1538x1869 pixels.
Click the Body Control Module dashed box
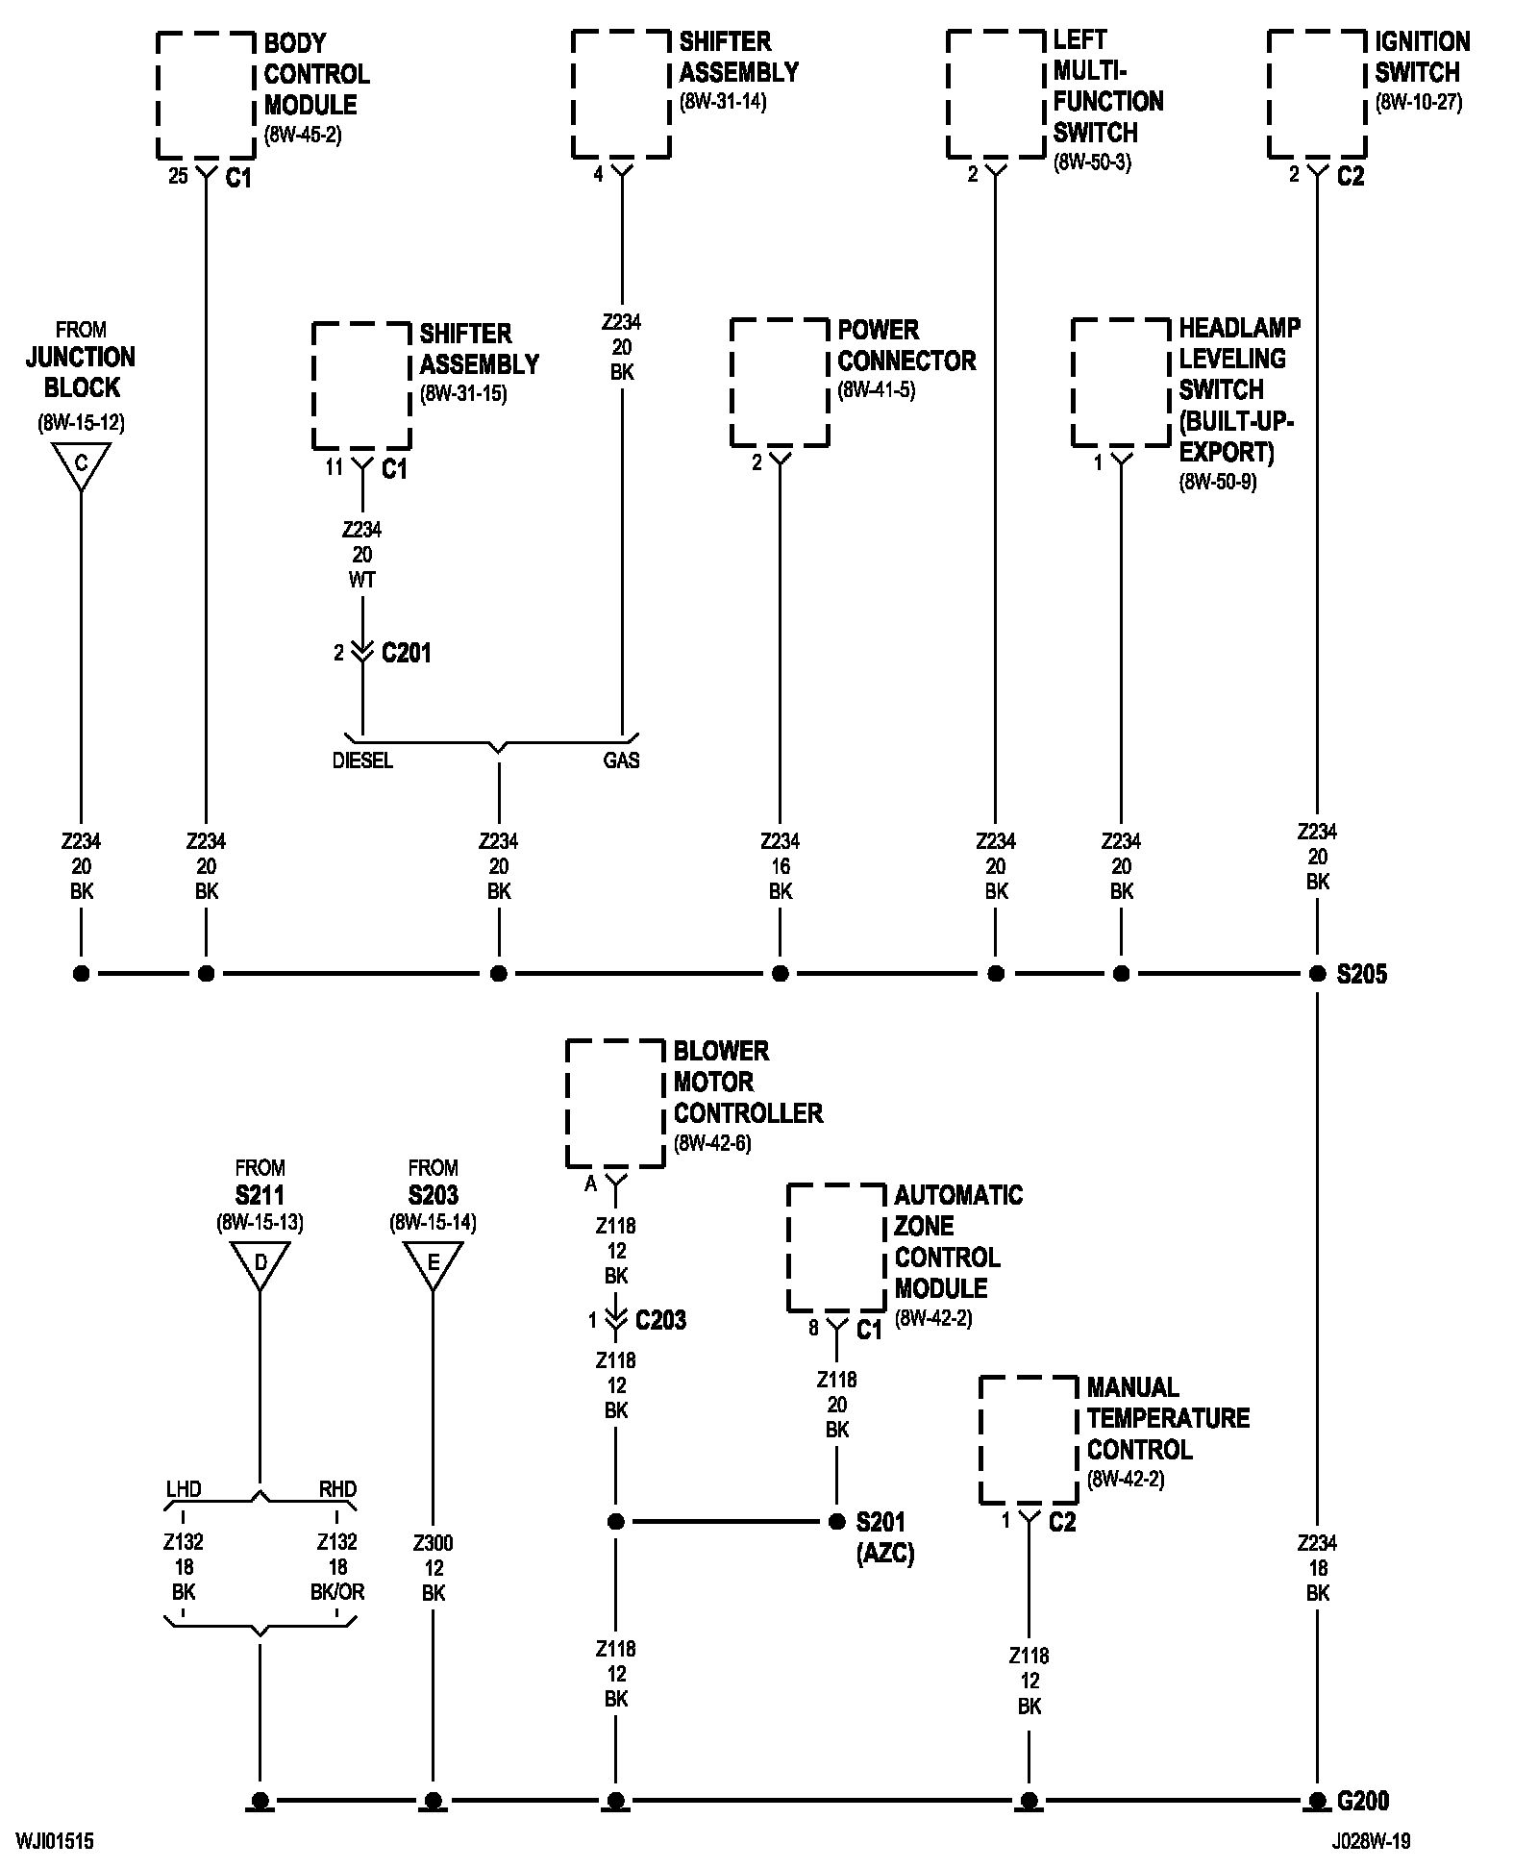click(x=158, y=95)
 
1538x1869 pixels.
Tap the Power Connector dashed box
click(x=731, y=383)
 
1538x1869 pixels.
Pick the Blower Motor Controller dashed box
click(x=567, y=1104)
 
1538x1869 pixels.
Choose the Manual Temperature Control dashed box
click(x=980, y=1440)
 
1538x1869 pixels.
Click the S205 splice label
click(x=1362, y=974)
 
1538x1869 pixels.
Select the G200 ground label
click(x=1363, y=1801)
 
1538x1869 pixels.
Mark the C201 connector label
click(x=407, y=653)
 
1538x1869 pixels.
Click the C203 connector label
click(x=661, y=1319)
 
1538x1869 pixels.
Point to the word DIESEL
click(x=362, y=760)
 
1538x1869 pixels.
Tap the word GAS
click(x=622, y=760)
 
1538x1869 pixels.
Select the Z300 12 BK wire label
click(x=434, y=1567)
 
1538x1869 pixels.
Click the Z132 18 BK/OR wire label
click(x=337, y=1567)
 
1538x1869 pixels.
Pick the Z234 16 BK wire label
click(x=781, y=866)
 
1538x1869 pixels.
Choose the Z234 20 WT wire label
click(x=362, y=555)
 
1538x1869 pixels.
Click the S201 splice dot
click(x=836, y=1522)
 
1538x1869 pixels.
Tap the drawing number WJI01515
click(x=55, y=1841)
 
